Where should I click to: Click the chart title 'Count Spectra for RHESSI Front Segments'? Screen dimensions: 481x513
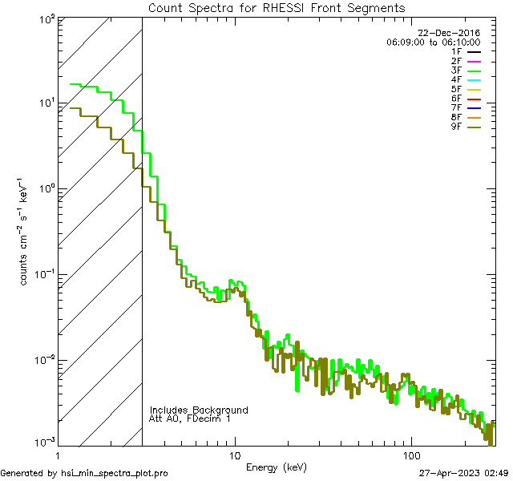(x=277, y=8)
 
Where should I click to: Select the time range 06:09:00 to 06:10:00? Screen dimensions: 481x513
(x=433, y=42)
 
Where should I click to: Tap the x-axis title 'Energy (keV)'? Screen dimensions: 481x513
(x=276, y=467)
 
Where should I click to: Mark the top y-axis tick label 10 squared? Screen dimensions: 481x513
(x=46, y=19)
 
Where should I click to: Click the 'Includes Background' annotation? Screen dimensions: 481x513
(x=199, y=410)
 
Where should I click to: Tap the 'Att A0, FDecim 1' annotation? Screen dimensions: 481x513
(x=190, y=419)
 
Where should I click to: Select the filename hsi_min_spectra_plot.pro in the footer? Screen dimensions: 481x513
(x=115, y=473)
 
